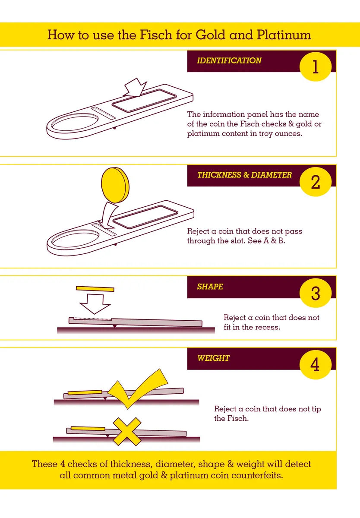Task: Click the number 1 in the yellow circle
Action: pos(316,67)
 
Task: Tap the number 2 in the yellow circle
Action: pos(316,182)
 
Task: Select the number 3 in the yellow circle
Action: pos(316,293)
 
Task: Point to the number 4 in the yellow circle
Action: pos(315,365)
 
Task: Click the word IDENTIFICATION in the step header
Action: pos(229,60)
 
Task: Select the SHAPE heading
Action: pos(210,287)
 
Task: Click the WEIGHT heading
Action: pos(213,358)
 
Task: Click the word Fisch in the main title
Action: pos(156,35)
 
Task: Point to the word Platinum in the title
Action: pos(284,35)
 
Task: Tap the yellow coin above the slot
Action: pos(115,185)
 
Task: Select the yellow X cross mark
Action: pos(126,432)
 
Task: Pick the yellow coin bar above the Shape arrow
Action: pos(95,289)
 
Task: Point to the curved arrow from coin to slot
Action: pos(107,214)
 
